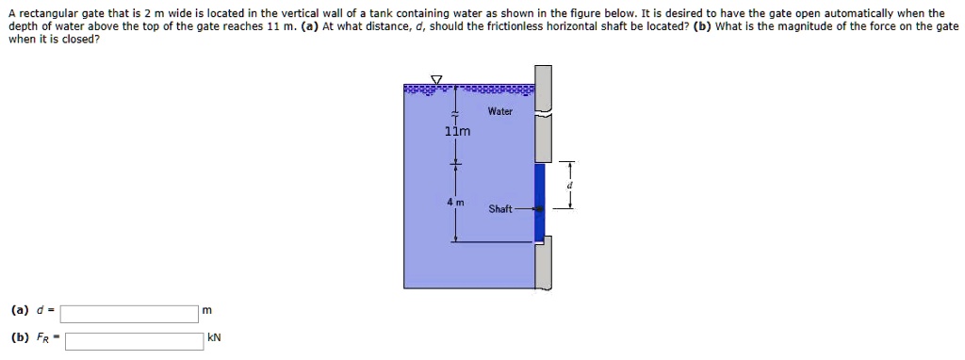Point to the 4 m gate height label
pyautogui.click(x=455, y=203)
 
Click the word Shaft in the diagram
pyautogui.click(x=500, y=209)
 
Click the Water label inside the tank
pyautogui.click(x=500, y=111)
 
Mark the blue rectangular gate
pyautogui.click(x=539, y=201)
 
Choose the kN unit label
pyautogui.click(x=214, y=338)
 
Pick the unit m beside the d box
pyautogui.click(x=207, y=311)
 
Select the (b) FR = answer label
pyautogui.click(x=33, y=337)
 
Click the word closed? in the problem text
pyautogui.click(x=80, y=40)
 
